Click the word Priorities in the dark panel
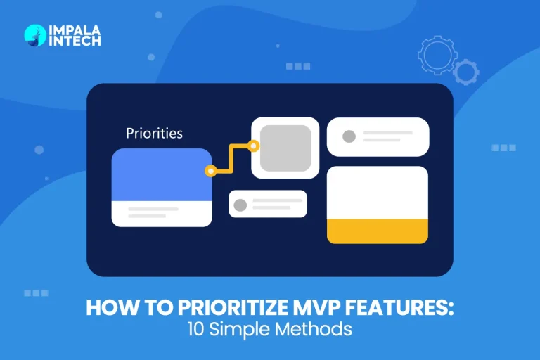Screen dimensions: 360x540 click(154, 133)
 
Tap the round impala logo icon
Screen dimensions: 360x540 click(35, 35)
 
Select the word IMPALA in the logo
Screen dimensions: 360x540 click(74, 30)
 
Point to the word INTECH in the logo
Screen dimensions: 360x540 click(74, 41)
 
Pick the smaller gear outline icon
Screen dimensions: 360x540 click(465, 71)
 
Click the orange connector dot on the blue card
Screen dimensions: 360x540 click(210, 171)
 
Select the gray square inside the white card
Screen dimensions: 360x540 click(285, 148)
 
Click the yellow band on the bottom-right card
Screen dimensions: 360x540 click(378, 231)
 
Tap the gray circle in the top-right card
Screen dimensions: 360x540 click(349, 136)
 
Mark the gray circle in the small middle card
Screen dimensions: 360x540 click(240, 205)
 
